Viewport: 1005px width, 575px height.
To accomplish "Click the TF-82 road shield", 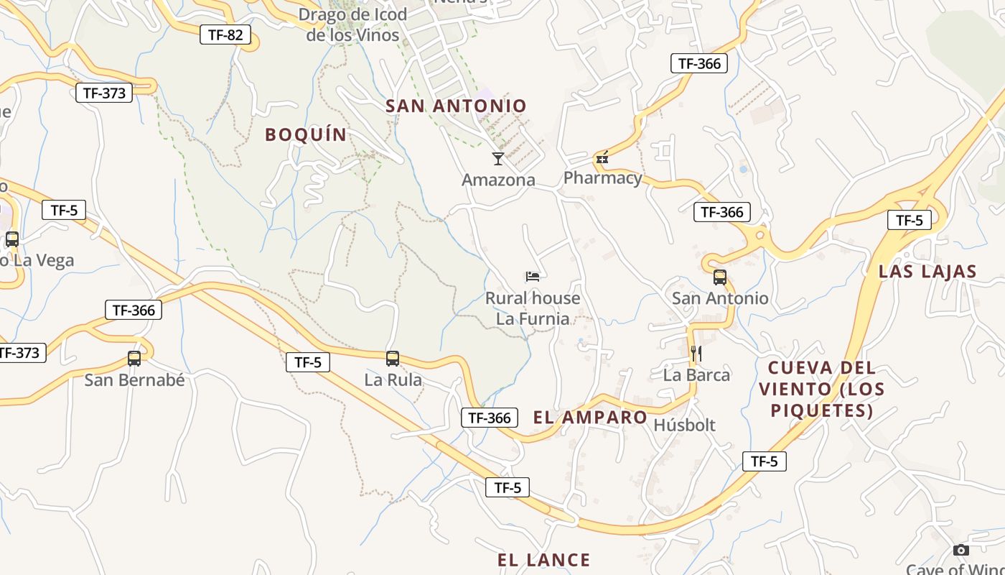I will pos(225,34).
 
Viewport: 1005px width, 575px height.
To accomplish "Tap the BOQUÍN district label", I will pos(306,134).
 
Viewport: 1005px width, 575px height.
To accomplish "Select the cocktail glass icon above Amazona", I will pos(497,158).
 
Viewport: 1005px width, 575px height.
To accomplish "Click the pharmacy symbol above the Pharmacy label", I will pos(602,157).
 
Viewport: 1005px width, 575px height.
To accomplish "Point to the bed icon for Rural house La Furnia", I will pos(532,276).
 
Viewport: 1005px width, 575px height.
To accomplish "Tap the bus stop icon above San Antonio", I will pos(719,277).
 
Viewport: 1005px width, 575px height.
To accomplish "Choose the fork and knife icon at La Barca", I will pos(696,353).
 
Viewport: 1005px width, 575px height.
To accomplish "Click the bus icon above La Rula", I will pos(392,358).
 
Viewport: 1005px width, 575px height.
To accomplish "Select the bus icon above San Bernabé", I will pos(134,358).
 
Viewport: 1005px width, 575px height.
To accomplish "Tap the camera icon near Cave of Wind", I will pos(960,550).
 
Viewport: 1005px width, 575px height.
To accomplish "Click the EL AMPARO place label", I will pos(590,418).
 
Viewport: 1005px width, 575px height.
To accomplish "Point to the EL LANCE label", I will pos(544,560).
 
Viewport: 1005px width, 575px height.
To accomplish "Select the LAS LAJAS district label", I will pos(927,272).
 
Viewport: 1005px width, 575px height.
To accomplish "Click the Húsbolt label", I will pos(684,425).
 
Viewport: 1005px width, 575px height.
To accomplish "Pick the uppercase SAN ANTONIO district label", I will pos(456,106).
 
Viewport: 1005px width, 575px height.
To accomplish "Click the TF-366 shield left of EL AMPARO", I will pos(490,418).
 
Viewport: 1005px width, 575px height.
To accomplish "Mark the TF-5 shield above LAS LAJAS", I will pos(909,220).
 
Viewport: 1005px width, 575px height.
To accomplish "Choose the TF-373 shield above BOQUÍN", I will pos(104,93).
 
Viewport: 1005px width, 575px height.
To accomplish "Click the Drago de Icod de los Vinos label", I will pos(352,24).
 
